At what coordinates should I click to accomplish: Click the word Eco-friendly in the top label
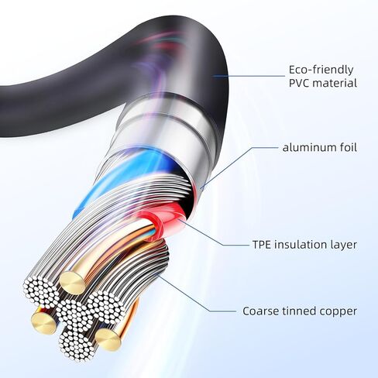click(321, 70)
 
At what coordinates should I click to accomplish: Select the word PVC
click(301, 83)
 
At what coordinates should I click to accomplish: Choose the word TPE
click(262, 245)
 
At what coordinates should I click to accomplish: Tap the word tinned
click(299, 311)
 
